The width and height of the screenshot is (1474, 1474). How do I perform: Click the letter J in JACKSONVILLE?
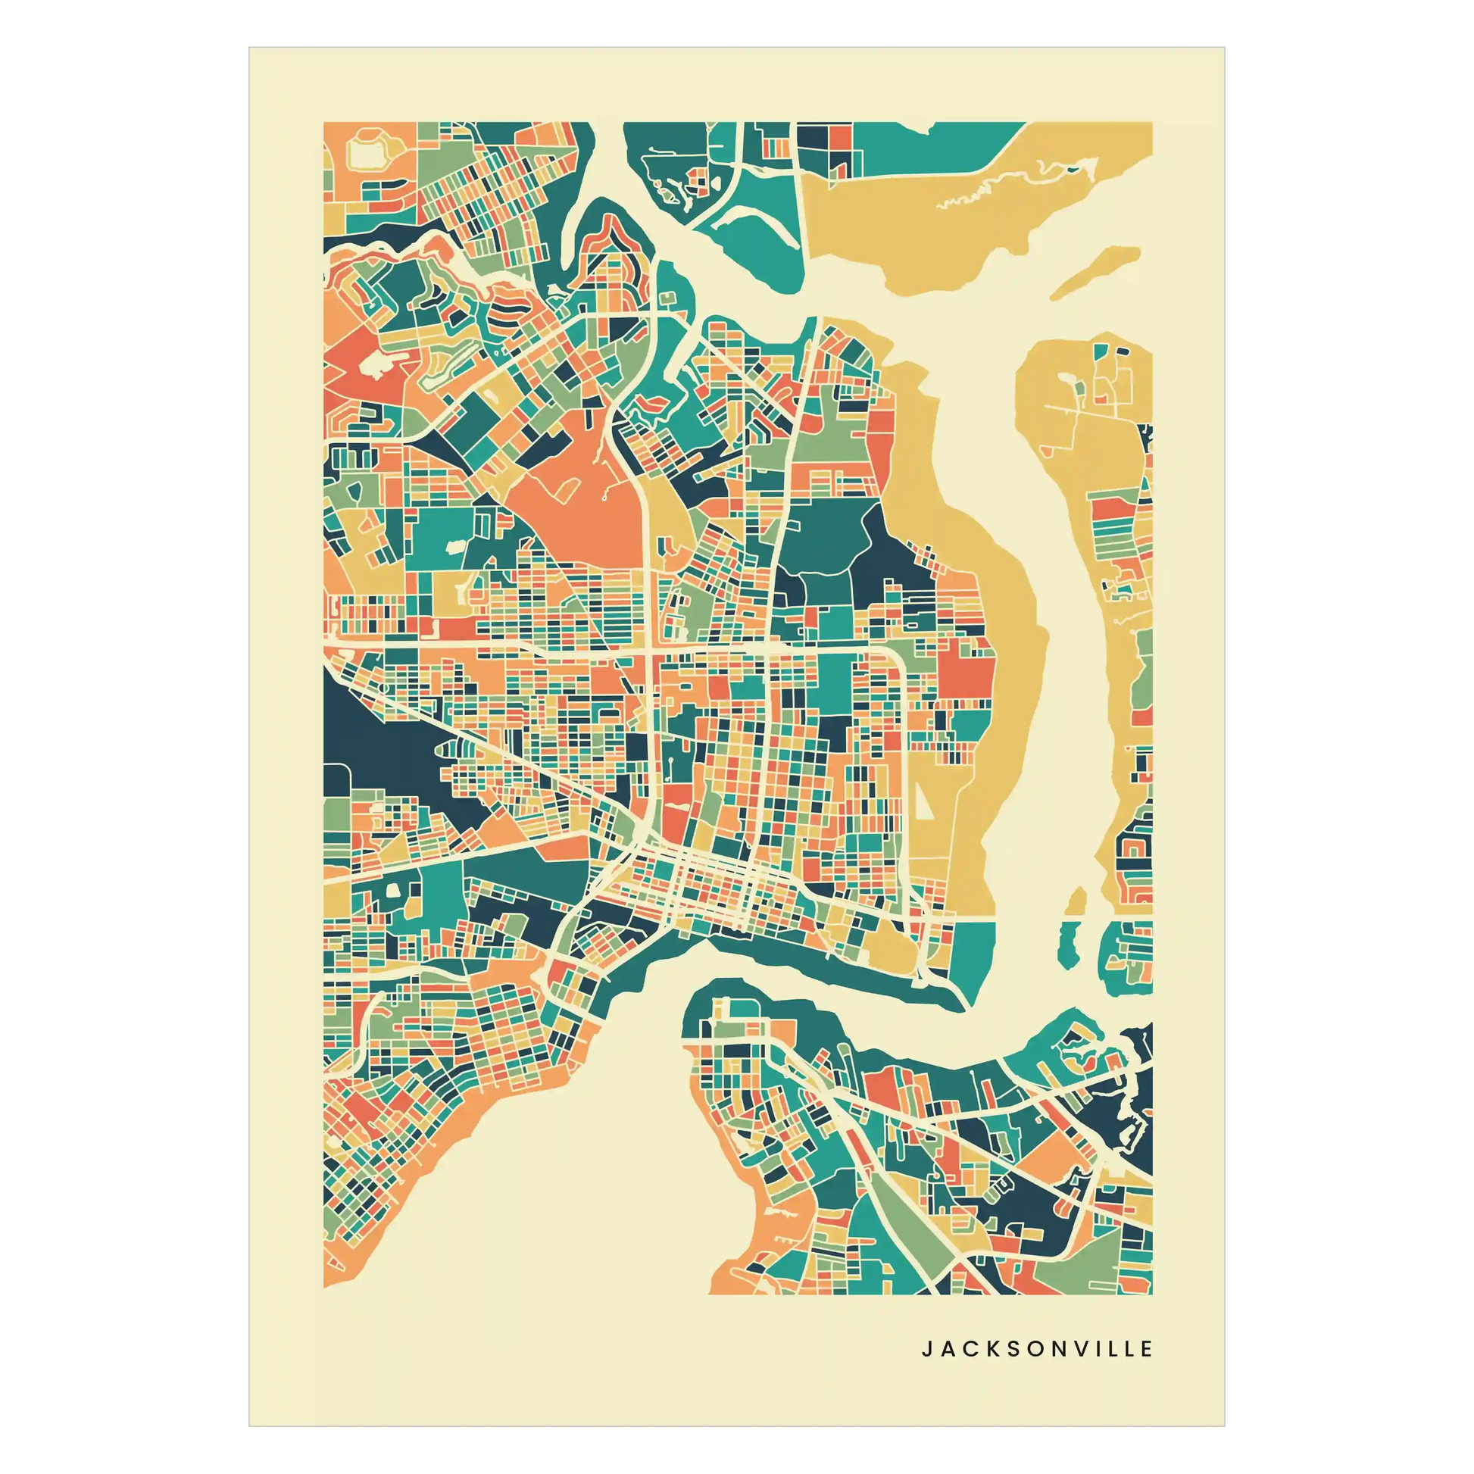point(927,1349)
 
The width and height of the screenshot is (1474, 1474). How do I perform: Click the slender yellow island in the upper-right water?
point(1095,271)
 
